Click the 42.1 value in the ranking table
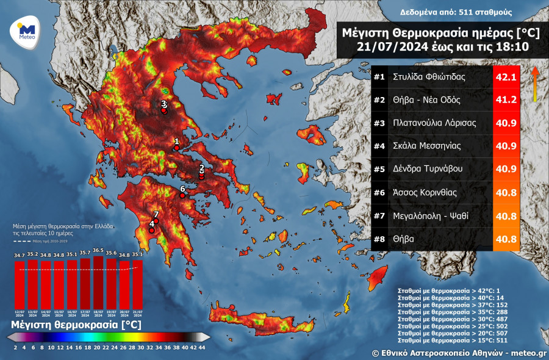click(506, 77)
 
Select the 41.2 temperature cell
click(506, 100)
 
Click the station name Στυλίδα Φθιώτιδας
click(429, 77)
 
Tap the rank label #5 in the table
click(379, 170)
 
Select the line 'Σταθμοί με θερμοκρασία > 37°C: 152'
click(454, 304)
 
